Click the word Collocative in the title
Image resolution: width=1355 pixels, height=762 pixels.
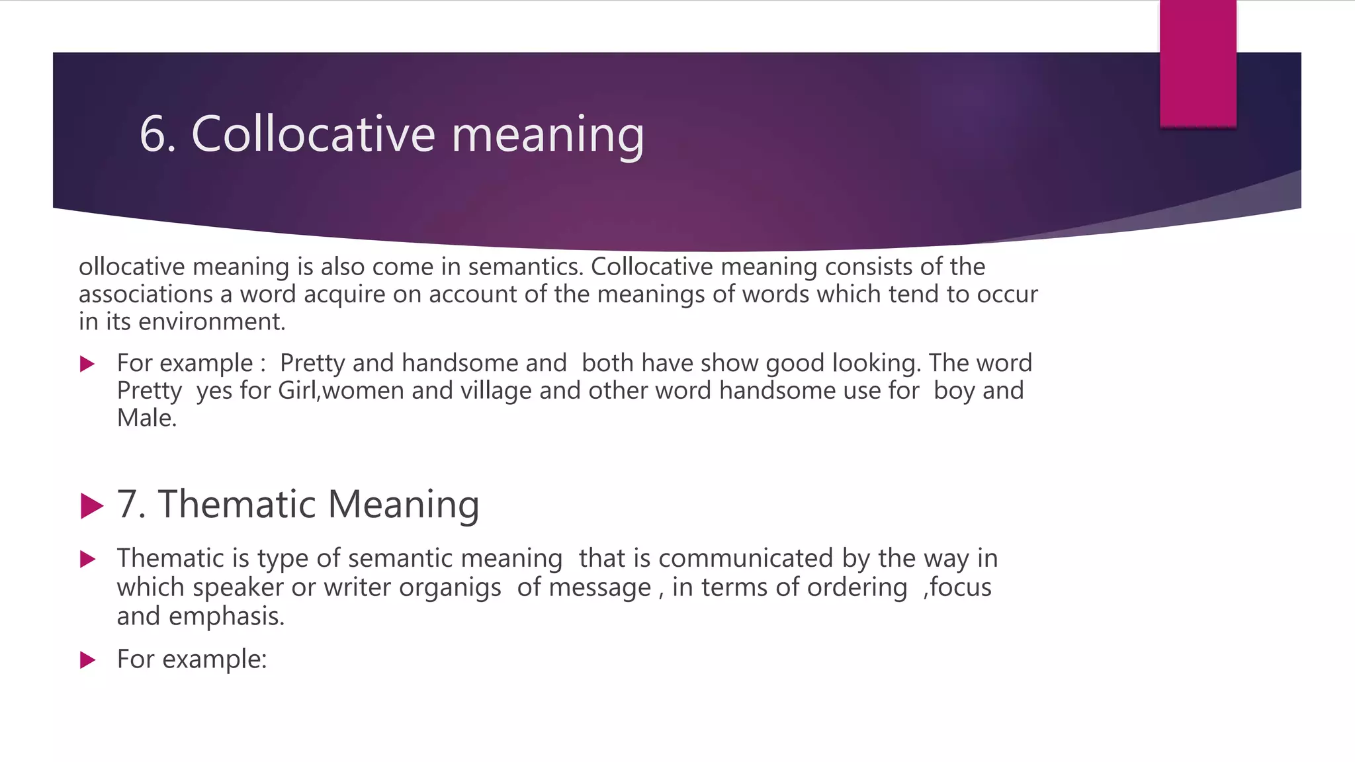tap(313, 134)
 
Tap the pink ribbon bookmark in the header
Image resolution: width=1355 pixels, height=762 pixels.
tap(1198, 63)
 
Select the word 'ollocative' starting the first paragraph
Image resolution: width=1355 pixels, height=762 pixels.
tap(132, 267)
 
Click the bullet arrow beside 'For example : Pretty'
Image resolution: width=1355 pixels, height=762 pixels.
tap(87, 364)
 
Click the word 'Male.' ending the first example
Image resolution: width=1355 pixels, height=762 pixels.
tap(147, 418)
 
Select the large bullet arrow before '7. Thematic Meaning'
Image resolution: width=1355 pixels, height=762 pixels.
tap(91, 506)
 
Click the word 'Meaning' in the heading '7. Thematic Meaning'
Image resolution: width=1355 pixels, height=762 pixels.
tap(404, 505)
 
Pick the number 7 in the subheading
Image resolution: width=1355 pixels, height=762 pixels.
tap(128, 505)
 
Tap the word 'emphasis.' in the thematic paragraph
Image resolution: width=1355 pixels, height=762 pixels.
tap(226, 616)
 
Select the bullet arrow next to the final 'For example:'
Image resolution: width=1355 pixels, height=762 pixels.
tap(87, 659)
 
